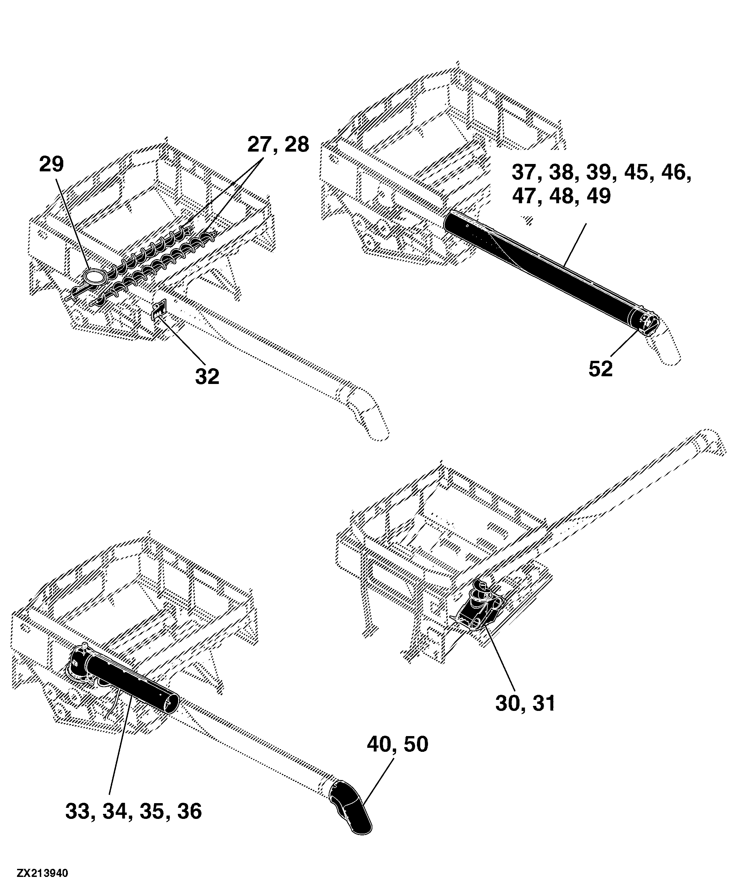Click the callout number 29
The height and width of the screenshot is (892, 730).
(x=51, y=164)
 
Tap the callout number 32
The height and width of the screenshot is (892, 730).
(x=207, y=377)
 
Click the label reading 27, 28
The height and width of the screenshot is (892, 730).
(x=278, y=145)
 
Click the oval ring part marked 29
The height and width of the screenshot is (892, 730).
(x=94, y=277)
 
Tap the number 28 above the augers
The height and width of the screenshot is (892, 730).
(x=297, y=145)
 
